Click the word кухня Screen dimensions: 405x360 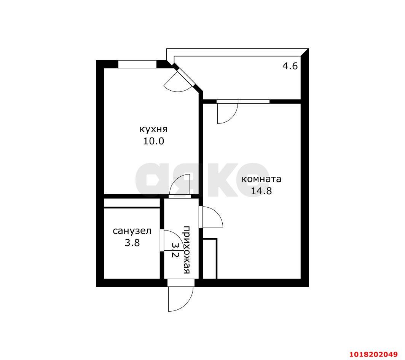tap(153, 129)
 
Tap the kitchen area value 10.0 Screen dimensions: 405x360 tap(154, 141)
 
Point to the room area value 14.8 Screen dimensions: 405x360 tap(261, 191)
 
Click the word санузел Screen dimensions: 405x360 tap(132, 231)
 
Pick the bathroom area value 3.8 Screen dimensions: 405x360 tap(132, 243)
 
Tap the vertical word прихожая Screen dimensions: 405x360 tap(187, 250)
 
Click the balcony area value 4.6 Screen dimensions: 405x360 tap(290, 66)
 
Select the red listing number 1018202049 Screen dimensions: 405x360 tap(373, 354)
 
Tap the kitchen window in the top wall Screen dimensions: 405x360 tap(137, 64)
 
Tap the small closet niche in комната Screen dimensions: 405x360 tap(210, 259)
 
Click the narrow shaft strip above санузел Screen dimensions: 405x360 tap(132, 203)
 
